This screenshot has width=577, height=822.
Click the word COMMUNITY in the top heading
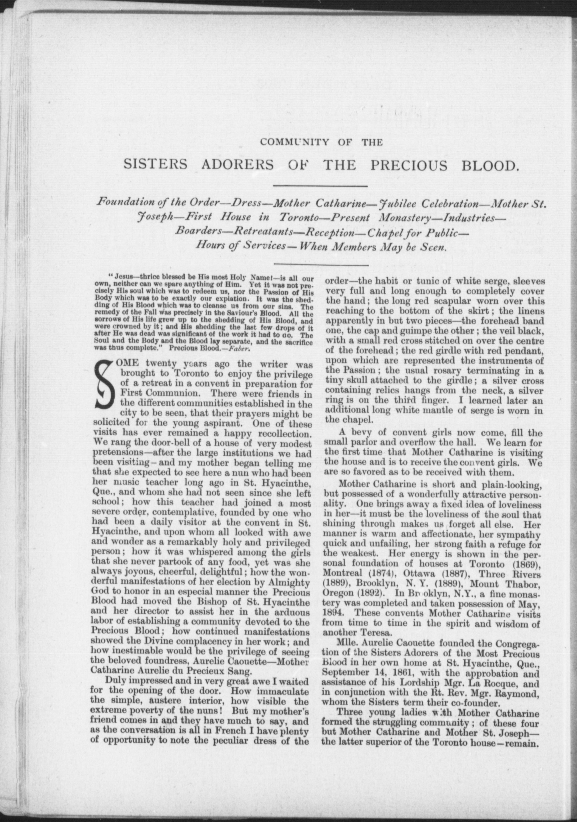point(294,142)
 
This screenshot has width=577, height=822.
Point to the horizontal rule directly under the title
point(321,186)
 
